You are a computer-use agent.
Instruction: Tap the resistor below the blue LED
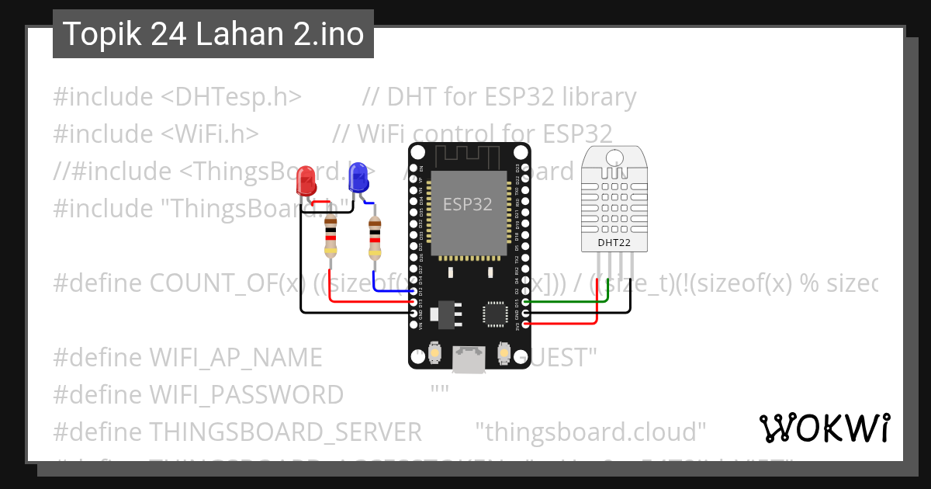pos(375,237)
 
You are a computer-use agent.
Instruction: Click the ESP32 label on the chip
pos(467,205)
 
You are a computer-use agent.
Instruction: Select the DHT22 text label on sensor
pos(613,243)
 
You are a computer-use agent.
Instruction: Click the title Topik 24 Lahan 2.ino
pos(213,34)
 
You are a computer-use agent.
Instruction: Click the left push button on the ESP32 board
pos(436,353)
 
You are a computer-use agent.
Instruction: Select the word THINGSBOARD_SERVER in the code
pos(285,432)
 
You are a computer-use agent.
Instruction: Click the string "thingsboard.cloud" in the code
pos(590,432)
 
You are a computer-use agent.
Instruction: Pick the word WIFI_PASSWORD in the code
pos(246,395)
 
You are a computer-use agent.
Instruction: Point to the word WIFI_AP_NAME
pos(235,358)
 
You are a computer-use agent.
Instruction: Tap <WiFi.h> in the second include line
pos(209,134)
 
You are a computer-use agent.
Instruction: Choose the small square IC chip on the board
pos(495,313)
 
